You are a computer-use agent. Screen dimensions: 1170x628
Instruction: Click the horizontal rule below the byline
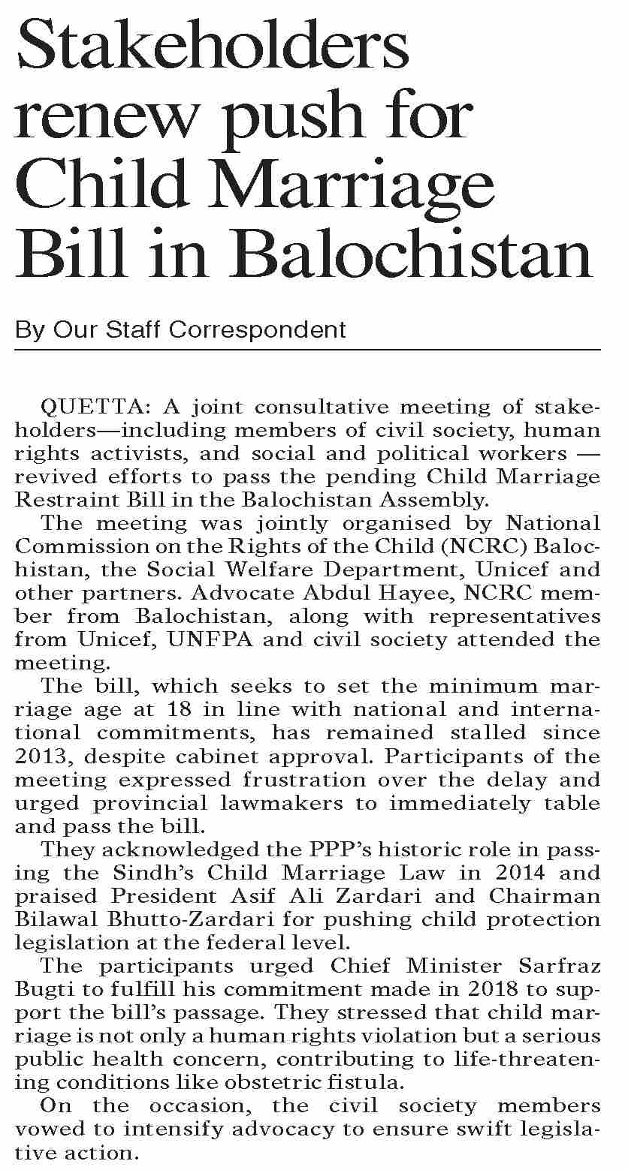click(308, 350)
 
